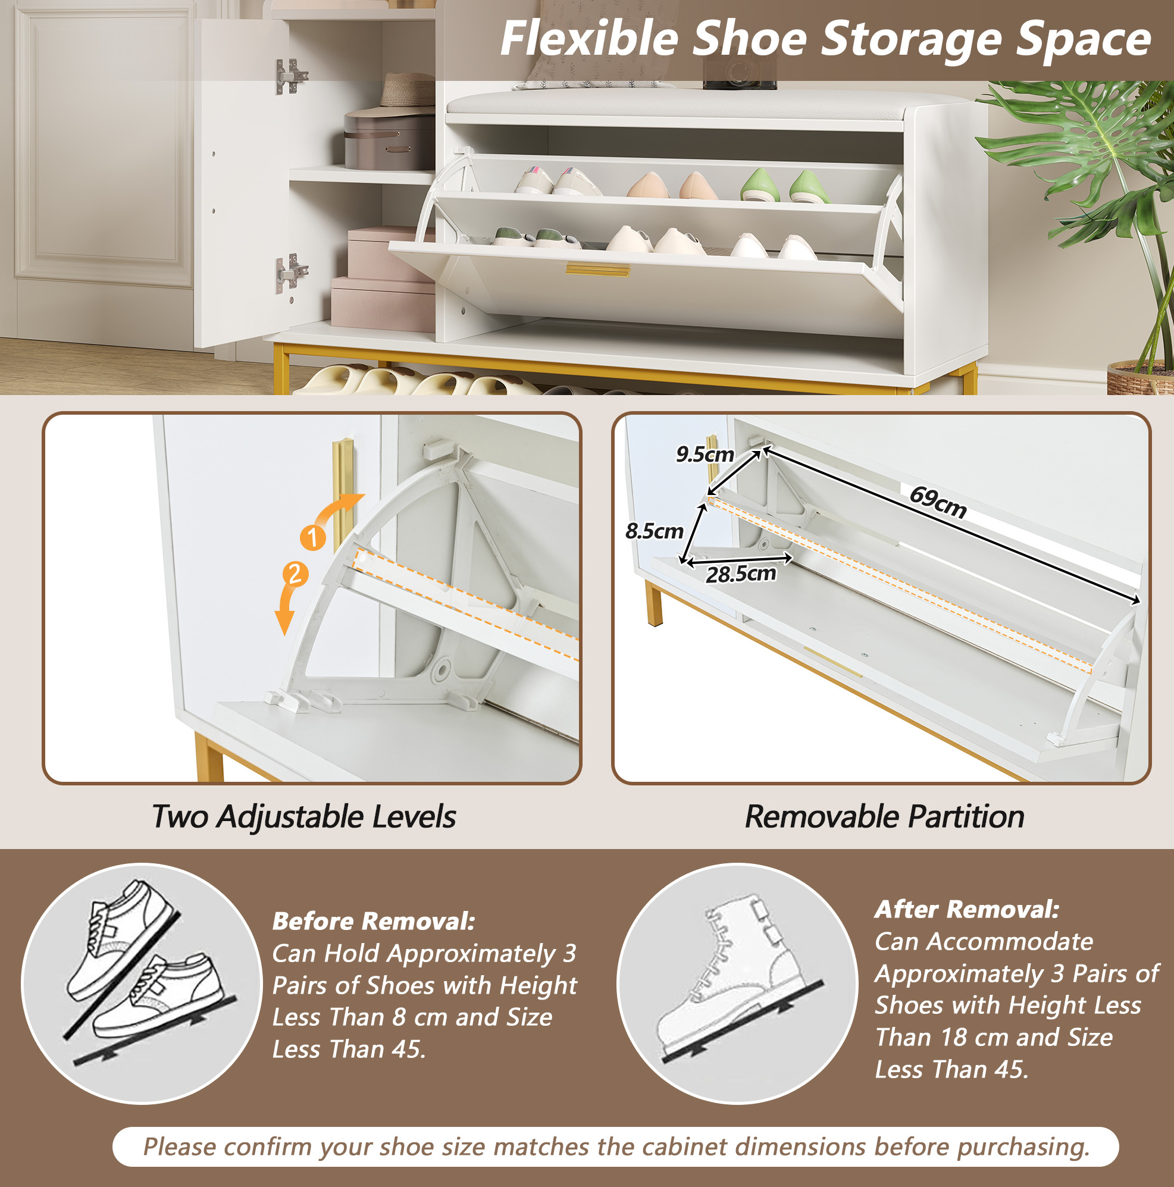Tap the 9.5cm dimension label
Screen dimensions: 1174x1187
pos(705,454)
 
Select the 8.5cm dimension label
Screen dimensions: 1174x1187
pos(655,531)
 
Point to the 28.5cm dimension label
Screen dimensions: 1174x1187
pos(741,574)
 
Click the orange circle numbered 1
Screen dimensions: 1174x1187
pos(313,538)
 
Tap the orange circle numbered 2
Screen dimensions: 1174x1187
pos(295,574)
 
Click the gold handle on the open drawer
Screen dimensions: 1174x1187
pos(598,270)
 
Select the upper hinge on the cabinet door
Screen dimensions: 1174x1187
pos(290,76)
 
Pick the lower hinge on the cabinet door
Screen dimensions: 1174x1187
pos(290,271)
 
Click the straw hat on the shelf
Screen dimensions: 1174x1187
pos(406,91)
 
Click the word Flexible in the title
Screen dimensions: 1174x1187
pos(589,39)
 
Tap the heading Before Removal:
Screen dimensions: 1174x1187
pos(374,921)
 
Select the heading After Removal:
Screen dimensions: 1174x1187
pos(967,909)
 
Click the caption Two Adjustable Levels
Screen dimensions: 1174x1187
pos(304,817)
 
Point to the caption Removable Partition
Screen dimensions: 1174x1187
pos(885,817)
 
